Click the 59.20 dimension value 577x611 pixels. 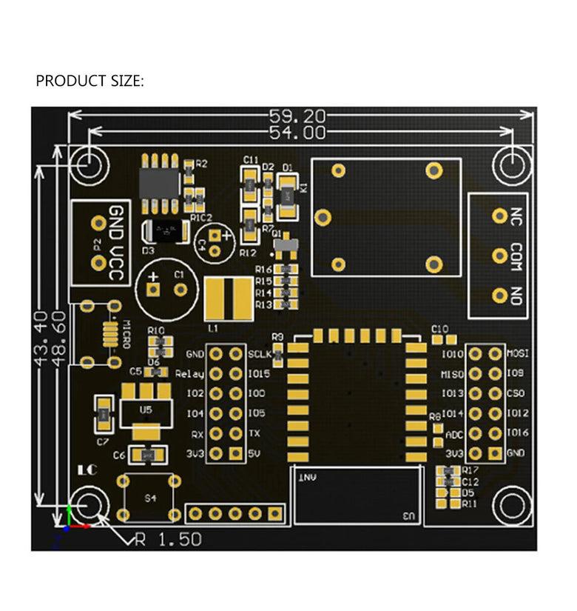(297, 116)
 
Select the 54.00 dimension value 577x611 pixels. (297, 133)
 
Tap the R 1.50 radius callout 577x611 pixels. (168, 540)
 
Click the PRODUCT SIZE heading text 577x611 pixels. (90, 81)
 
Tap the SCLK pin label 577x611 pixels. (259, 353)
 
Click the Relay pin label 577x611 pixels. (190, 374)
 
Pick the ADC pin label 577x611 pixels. (453, 435)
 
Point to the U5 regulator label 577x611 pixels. (146, 409)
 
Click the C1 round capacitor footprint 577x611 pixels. (167, 287)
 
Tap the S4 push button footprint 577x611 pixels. (150, 497)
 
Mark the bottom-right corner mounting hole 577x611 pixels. (511, 506)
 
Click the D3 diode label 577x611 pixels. (148, 250)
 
